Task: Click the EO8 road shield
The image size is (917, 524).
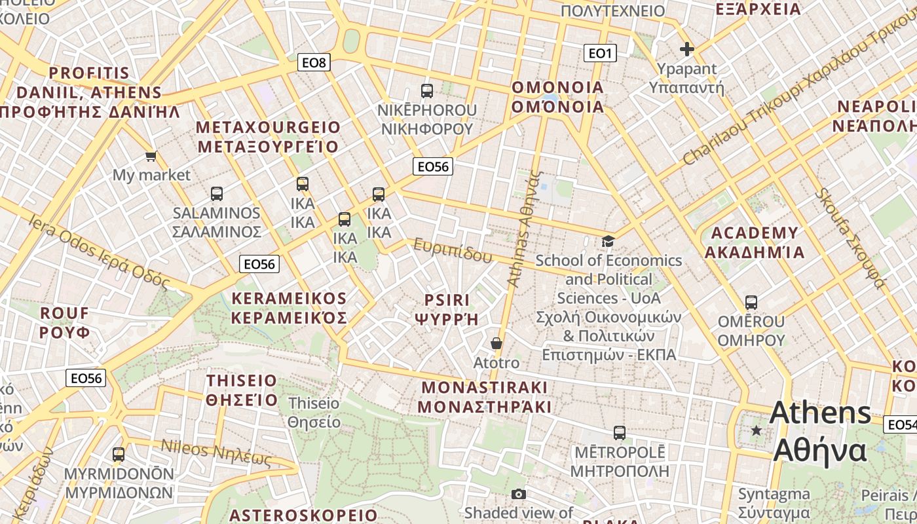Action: pyautogui.click(x=314, y=63)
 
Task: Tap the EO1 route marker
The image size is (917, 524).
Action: pyautogui.click(x=600, y=53)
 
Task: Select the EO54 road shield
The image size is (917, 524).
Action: pyautogui.click(x=901, y=424)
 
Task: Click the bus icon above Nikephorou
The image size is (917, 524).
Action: pyautogui.click(x=427, y=91)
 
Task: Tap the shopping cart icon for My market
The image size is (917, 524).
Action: pyautogui.click(x=151, y=157)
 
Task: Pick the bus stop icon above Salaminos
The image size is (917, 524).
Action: pyautogui.click(x=217, y=194)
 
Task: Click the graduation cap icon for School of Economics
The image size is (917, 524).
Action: pyautogui.click(x=608, y=242)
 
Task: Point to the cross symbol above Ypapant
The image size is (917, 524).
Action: pyautogui.click(x=686, y=49)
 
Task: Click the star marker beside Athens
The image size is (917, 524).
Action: pyautogui.click(x=757, y=430)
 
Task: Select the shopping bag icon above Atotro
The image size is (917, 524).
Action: pyautogui.click(x=496, y=343)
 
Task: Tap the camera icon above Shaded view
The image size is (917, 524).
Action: pyautogui.click(x=519, y=494)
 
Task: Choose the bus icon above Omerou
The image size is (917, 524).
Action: pyautogui.click(x=751, y=303)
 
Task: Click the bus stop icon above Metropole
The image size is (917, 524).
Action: pyautogui.click(x=619, y=433)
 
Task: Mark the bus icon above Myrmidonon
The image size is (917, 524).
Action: pyautogui.click(x=119, y=455)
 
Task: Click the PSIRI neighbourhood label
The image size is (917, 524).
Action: pyautogui.click(x=447, y=300)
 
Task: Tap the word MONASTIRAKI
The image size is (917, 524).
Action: pyautogui.click(x=484, y=387)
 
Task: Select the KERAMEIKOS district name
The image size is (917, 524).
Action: pyautogui.click(x=289, y=299)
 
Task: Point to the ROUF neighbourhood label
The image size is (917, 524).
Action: pyautogui.click(x=64, y=313)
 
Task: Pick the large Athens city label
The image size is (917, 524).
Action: pyautogui.click(x=820, y=413)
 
